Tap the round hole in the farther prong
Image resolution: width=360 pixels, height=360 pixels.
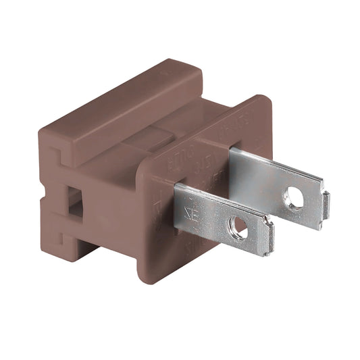click(x=294, y=197)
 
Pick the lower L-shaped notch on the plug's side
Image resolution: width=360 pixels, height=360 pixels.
click(x=59, y=236)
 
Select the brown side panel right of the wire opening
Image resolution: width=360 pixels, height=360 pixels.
click(x=108, y=209)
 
